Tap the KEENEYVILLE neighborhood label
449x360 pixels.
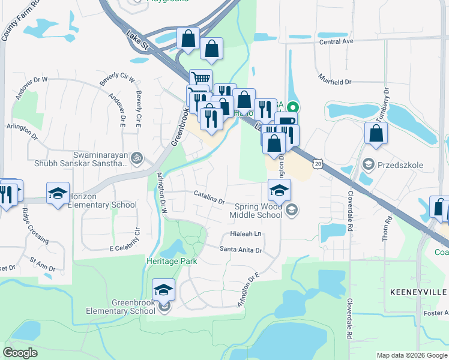point(419,292)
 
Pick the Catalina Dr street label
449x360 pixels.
point(209,196)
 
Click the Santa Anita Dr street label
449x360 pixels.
point(241,250)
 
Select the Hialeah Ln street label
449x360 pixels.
point(246,234)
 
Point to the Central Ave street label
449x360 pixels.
point(336,42)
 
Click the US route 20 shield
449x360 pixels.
point(318,163)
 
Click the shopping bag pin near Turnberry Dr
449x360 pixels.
point(376,134)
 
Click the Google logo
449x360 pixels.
point(20,352)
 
